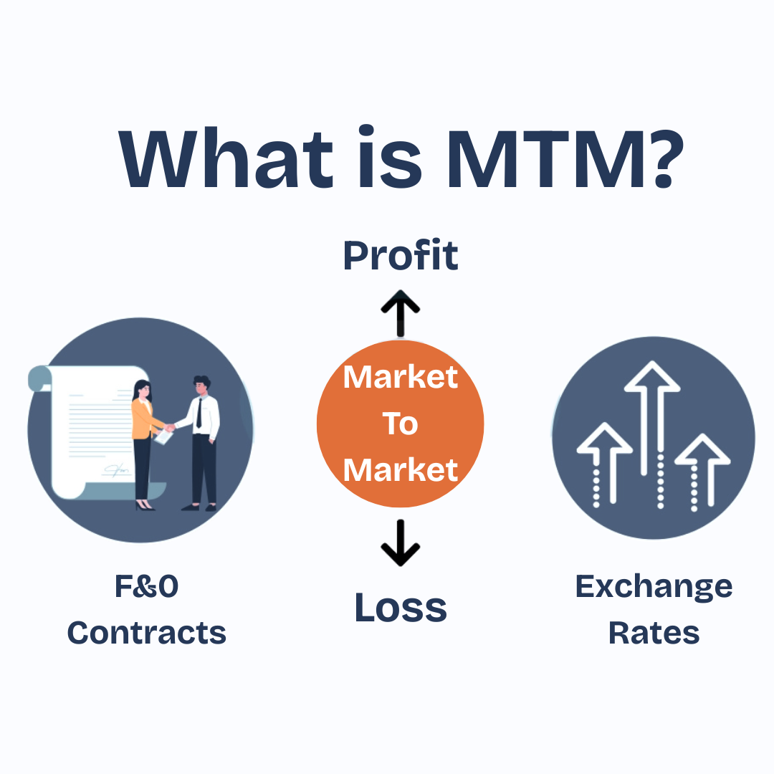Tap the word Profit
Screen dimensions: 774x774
coord(401,255)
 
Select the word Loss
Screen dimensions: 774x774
coord(401,607)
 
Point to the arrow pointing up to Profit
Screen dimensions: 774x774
coord(401,313)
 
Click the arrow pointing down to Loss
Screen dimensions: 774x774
coord(401,543)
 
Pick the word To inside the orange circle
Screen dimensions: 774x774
coord(401,424)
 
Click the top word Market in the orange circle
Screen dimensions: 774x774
coord(401,378)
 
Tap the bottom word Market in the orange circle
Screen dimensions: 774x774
coord(401,470)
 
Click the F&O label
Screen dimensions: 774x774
coord(147,586)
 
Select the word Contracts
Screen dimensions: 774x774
coord(147,633)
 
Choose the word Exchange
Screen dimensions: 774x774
coord(654,588)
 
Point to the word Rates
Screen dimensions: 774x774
coord(654,633)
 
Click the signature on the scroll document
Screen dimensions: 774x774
coord(116,469)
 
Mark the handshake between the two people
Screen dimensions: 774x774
coord(169,427)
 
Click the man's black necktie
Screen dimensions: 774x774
coord(199,414)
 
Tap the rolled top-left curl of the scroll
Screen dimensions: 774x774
coord(40,378)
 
